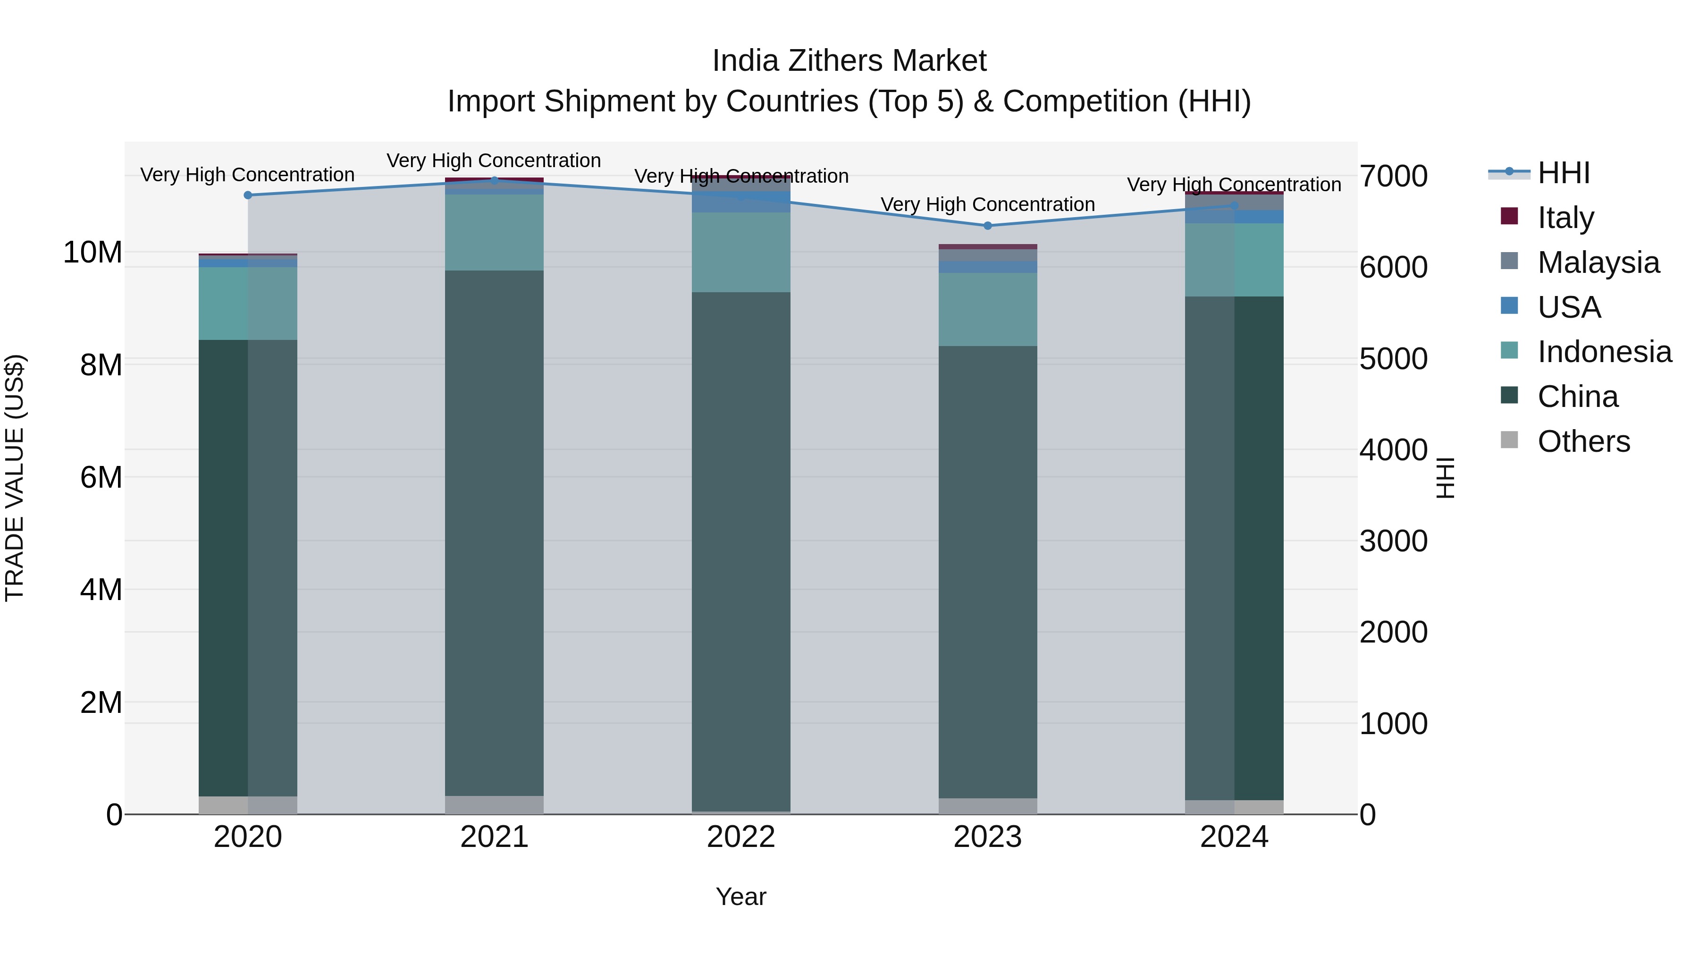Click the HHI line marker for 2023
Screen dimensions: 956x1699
987,226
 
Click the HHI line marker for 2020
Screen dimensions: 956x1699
248,195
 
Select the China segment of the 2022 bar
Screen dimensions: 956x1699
740,551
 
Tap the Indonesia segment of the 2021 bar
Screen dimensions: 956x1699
494,232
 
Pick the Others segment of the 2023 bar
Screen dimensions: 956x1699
987,806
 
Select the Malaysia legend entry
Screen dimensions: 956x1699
1598,262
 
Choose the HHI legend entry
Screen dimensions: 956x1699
1563,173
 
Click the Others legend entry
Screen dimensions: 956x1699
1583,441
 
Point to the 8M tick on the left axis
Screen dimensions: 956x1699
101,365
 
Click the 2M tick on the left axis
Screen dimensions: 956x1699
101,702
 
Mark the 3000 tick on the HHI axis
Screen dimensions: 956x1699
1393,541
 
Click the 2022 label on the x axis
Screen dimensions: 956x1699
740,837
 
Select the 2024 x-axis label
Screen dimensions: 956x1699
1234,837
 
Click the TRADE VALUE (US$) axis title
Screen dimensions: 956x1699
15,478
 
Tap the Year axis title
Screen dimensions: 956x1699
740,897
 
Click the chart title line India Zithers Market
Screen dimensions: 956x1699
849,61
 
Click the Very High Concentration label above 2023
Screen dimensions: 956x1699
987,204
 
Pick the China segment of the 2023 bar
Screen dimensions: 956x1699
987,572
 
